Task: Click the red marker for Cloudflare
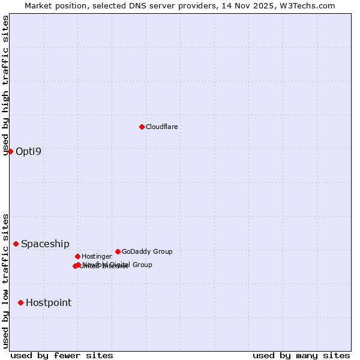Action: pos(142,127)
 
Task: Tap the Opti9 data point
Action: pos(10,151)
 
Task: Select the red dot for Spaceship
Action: pos(16,244)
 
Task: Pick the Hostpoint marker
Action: pos(21,302)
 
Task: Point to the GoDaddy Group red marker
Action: pos(118,251)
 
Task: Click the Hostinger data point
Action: pos(77,256)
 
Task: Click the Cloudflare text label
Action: pos(162,127)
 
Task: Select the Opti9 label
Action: pos(29,151)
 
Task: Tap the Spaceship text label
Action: pos(45,244)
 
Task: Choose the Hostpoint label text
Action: pos(49,302)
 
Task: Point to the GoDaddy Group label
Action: pos(147,251)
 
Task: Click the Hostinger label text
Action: pos(97,256)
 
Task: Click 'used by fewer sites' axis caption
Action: pos(62,355)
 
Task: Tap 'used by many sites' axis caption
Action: pos(301,355)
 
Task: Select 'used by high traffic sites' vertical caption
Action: pos(6,85)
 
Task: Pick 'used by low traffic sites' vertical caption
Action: pos(6,281)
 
